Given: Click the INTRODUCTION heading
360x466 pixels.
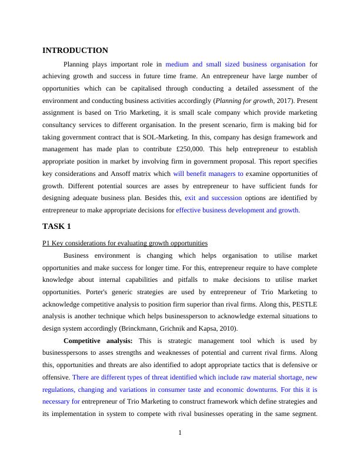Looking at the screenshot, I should coord(75,51).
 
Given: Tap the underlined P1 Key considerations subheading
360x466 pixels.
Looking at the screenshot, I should coord(125,243).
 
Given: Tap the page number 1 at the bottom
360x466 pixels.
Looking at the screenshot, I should coord(180,434).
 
